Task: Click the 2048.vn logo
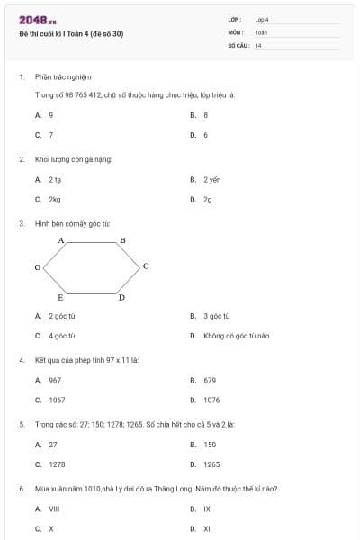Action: click(38, 20)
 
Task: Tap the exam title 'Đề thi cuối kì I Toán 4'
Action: click(71, 34)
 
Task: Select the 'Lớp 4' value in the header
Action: click(262, 19)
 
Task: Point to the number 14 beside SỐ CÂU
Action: click(258, 44)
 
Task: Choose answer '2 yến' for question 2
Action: click(211, 179)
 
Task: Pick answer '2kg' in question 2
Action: click(55, 199)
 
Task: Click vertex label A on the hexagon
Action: click(61, 240)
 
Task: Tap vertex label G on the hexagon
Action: click(37, 267)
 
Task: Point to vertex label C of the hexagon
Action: click(145, 266)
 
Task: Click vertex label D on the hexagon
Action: click(121, 297)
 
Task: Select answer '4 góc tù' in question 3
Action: click(62, 336)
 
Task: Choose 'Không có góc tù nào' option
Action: click(236, 336)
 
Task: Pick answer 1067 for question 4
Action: click(57, 400)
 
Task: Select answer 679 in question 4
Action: click(210, 380)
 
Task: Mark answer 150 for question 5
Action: click(210, 444)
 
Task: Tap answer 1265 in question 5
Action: click(211, 463)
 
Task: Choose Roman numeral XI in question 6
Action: click(207, 528)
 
